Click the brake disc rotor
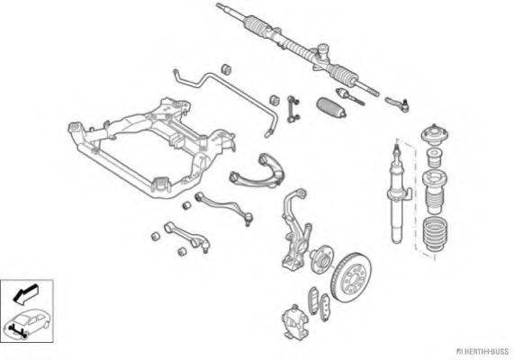[351, 276]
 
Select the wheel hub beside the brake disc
[321, 258]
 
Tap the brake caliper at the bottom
[295, 321]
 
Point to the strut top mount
[435, 134]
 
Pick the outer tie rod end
[397, 103]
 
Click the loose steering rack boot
[332, 107]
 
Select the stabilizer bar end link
[293, 109]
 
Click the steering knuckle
[295, 229]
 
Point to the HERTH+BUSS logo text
[482, 352]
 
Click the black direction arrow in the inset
[25, 293]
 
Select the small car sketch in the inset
[27, 323]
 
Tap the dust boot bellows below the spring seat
[435, 236]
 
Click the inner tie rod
[350, 95]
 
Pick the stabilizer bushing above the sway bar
[226, 68]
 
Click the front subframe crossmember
[152, 148]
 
